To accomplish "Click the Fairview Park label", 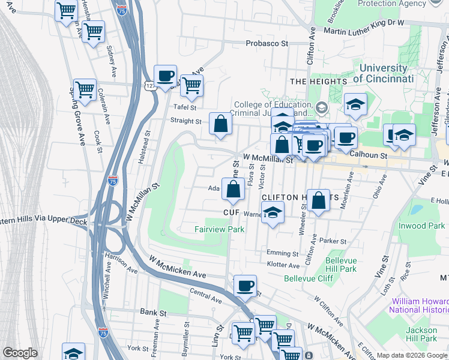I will point(220,229).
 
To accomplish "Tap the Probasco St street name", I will point(267,44).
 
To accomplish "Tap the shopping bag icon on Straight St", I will point(220,124).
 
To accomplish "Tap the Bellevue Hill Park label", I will point(341,265).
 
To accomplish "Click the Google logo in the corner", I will point(20,353).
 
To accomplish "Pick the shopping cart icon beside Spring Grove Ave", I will point(85,90).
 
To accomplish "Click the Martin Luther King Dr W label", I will point(368,23).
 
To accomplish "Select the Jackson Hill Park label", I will point(421,334).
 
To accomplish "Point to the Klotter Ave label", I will point(283,265).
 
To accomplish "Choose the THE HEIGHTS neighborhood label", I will point(318,81).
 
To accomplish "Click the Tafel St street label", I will point(185,107).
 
